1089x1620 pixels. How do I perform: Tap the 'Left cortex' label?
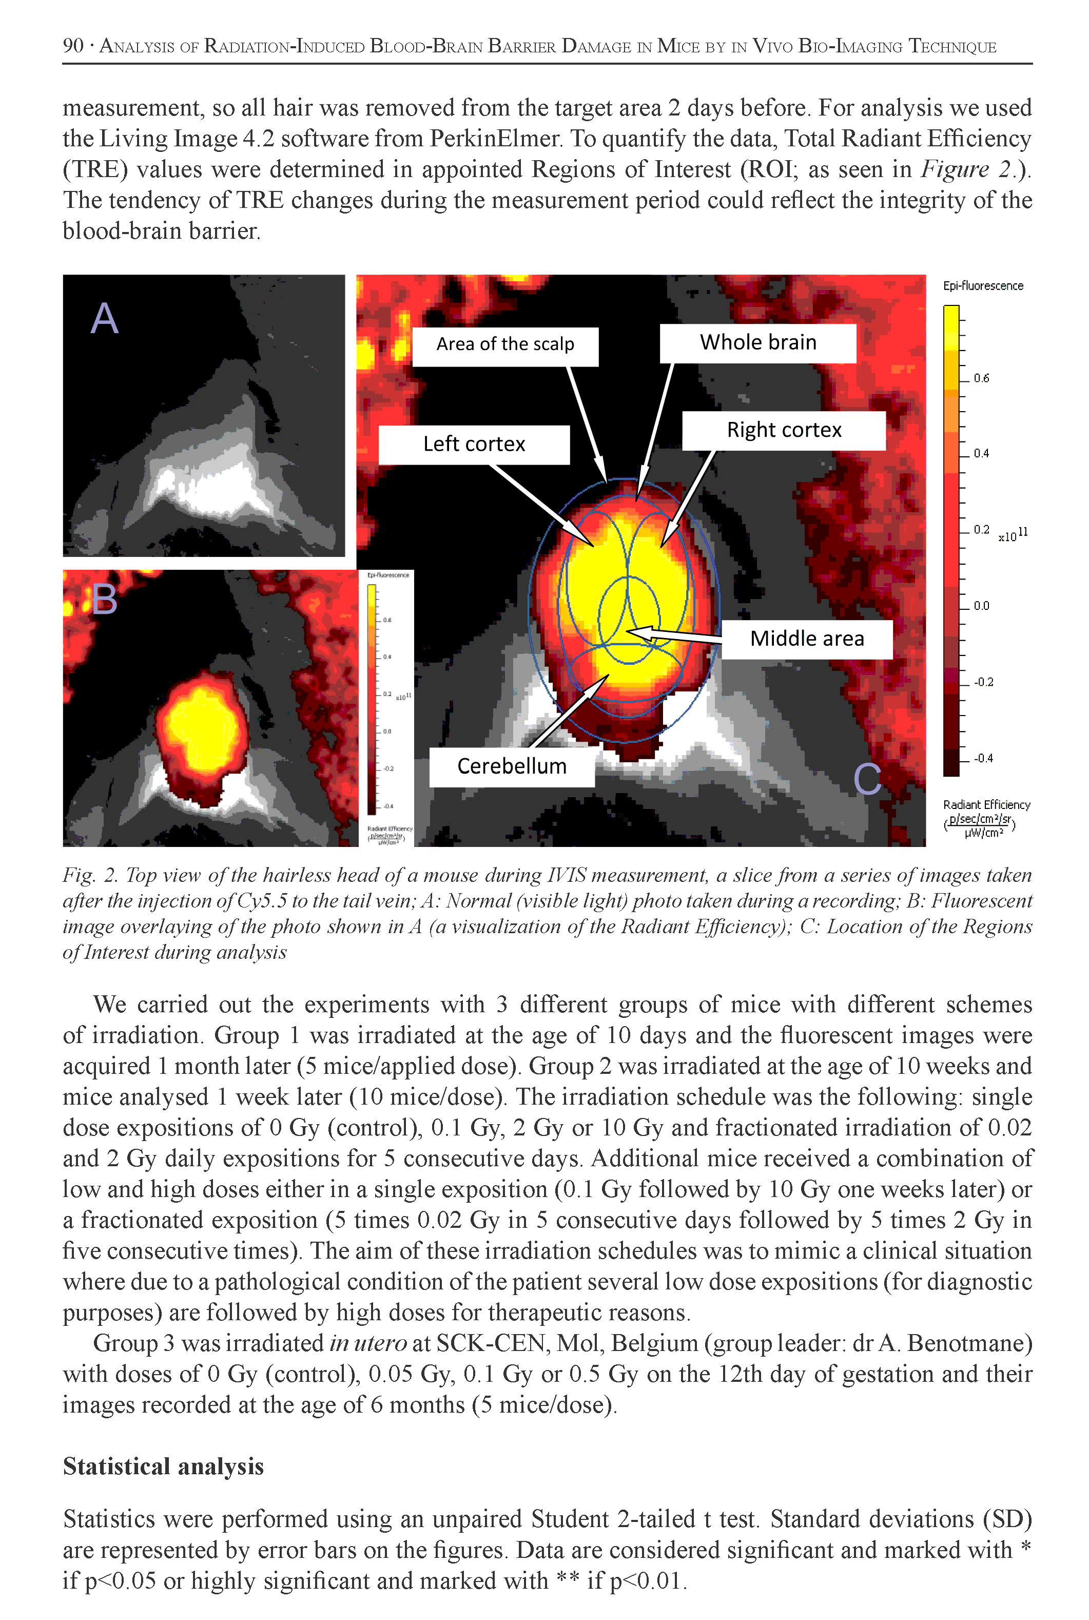click(x=474, y=445)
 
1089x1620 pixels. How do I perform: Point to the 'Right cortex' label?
click(x=784, y=431)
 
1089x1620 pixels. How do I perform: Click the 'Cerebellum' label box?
click(x=511, y=767)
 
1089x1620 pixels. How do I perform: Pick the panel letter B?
click(x=105, y=599)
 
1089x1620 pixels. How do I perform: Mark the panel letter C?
click(x=867, y=779)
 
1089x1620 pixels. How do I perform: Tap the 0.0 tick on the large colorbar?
click(x=981, y=606)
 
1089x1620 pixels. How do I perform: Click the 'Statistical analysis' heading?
click(x=163, y=1467)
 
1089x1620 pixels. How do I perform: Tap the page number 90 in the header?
click(x=73, y=46)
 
